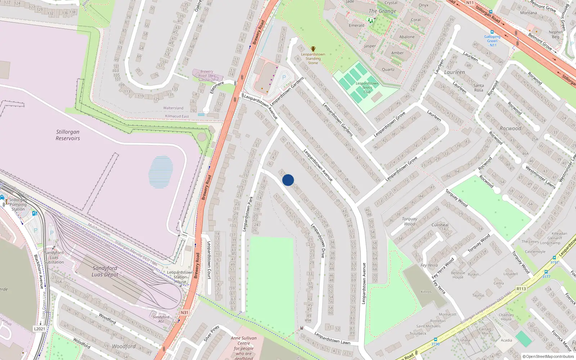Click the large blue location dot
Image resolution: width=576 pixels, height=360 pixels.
[288, 180]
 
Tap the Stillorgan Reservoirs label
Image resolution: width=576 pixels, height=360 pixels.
[68, 135]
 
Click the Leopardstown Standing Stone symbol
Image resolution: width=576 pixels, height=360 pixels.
[313, 49]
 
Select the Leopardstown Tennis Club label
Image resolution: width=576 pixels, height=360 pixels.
[367, 87]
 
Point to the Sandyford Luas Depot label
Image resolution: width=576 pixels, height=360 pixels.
[105, 271]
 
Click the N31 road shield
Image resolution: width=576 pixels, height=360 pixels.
[184, 312]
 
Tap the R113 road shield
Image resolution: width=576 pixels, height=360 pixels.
[521, 289]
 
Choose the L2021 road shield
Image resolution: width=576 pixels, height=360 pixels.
[40, 329]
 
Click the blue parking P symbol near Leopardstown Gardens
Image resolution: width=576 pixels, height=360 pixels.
[284, 77]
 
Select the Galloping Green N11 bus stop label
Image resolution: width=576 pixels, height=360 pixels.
[492, 41]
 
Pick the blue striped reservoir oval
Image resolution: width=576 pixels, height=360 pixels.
[161, 172]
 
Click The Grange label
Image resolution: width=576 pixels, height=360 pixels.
[382, 11]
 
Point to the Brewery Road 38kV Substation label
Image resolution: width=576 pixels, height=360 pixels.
[207, 76]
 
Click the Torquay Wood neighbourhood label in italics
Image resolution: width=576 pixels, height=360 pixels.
[409, 221]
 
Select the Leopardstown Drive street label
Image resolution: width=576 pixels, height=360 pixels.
[318, 240]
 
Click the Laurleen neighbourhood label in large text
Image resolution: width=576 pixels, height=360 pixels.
[454, 72]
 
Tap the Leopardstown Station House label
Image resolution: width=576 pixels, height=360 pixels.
[180, 277]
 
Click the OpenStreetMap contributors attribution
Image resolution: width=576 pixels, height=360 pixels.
[548, 356]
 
